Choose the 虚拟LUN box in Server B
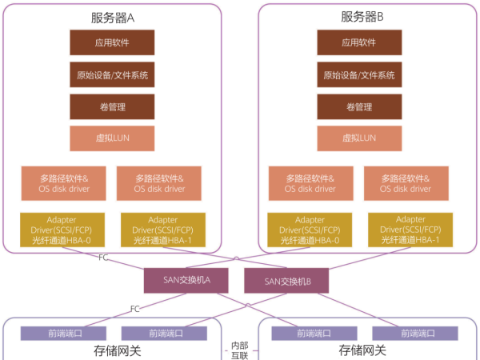[x=359, y=138]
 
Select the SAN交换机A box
[x=187, y=280]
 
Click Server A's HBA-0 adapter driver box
[x=68, y=230]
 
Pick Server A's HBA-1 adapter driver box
[x=163, y=230]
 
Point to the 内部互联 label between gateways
[x=239, y=350]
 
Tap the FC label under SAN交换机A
[x=135, y=308]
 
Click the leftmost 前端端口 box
[x=63, y=332]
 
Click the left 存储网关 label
[x=111, y=350]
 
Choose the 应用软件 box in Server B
[x=359, y=42]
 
